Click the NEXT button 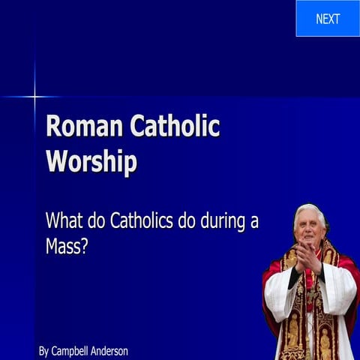point(328,19)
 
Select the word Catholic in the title point(175,127)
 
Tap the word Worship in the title point(91,161)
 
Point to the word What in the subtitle point(63,221)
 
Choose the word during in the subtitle point(231,221)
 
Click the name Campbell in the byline point(73,350)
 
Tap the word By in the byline point(43,350)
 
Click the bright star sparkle point(34,96)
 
